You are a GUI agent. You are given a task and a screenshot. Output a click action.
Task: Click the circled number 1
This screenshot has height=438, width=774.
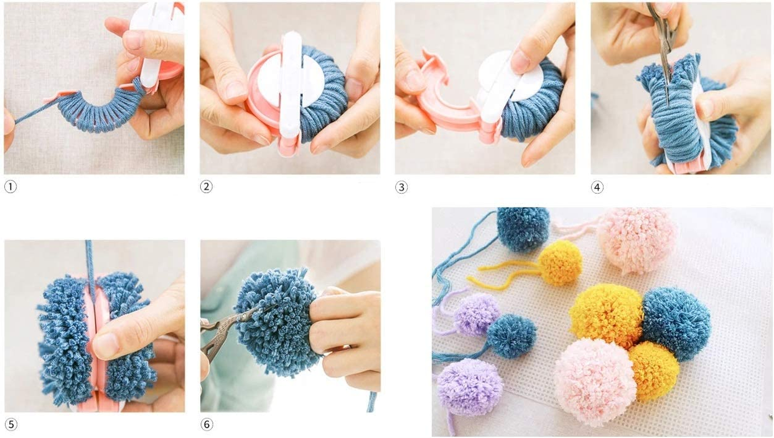[x=10, y=187]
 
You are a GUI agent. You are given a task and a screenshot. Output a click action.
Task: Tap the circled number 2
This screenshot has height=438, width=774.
[x=206, y=187]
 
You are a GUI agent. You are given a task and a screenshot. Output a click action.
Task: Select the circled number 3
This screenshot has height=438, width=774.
[x=401, y=187]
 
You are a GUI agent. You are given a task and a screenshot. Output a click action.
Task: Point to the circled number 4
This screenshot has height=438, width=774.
[x=597, y=187]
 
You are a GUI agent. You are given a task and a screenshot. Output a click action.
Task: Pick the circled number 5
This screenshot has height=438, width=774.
[x=10, y=424]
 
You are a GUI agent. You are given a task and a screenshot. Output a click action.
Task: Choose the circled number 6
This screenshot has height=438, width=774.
[x=206, y=424]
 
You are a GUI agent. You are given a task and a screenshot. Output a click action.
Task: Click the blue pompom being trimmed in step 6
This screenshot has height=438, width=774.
[x=276, y=320]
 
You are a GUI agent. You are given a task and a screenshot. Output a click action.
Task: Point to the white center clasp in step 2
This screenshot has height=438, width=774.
[x=290, y=82]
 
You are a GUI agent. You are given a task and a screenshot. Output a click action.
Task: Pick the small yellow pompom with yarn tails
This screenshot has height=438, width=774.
[x=560, y=263]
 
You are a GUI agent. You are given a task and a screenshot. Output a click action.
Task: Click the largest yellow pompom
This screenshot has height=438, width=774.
[x=606, y=315]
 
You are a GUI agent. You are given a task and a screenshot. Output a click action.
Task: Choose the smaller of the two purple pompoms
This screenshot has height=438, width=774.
[x=476, y=313]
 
